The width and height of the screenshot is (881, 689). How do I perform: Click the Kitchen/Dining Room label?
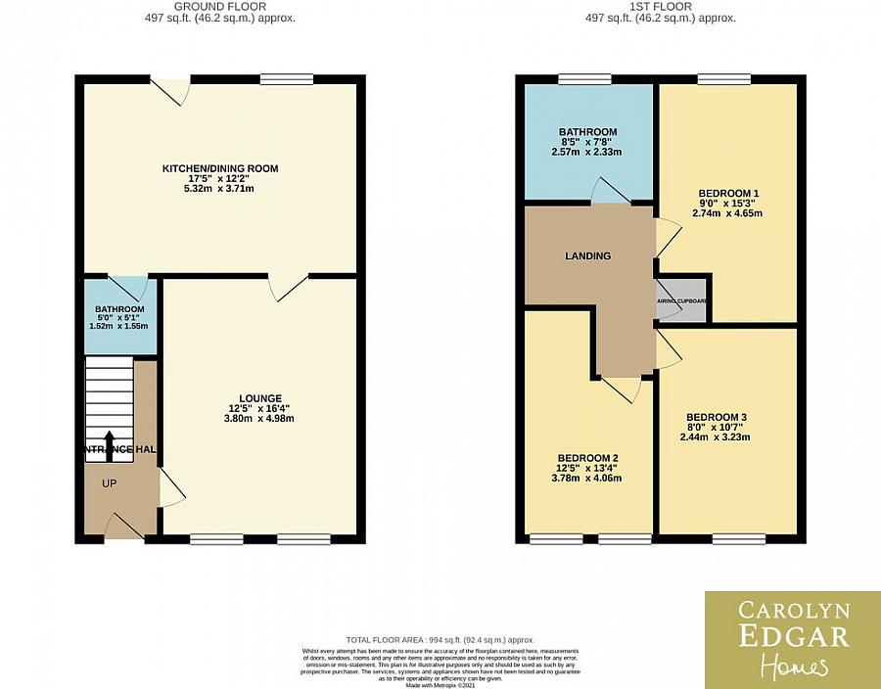click(x=220, y=168)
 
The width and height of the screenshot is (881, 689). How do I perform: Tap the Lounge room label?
click(x=259, y=398)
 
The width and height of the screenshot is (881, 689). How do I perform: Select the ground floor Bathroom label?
click(x=119, y=309)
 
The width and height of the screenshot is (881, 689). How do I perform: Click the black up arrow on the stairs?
click(x=109, y=442)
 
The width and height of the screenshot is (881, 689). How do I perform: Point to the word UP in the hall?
click(x=109, y=482)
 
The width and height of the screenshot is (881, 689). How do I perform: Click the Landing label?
click(x=587, y=256)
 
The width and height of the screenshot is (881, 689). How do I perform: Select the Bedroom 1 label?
click(x=728, y=193)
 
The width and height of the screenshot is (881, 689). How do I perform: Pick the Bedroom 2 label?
click(x=588, y=458)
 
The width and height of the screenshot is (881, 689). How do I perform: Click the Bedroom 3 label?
click(x=728, y=417)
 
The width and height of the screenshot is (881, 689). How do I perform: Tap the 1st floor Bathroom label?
click(x=587, y=132)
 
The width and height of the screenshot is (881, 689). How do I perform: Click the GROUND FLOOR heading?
click(x=220, y=6)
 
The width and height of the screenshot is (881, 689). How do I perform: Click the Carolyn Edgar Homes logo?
click(x=792, y=639)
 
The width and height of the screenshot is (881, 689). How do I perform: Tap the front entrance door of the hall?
click(x=123, y=528)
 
